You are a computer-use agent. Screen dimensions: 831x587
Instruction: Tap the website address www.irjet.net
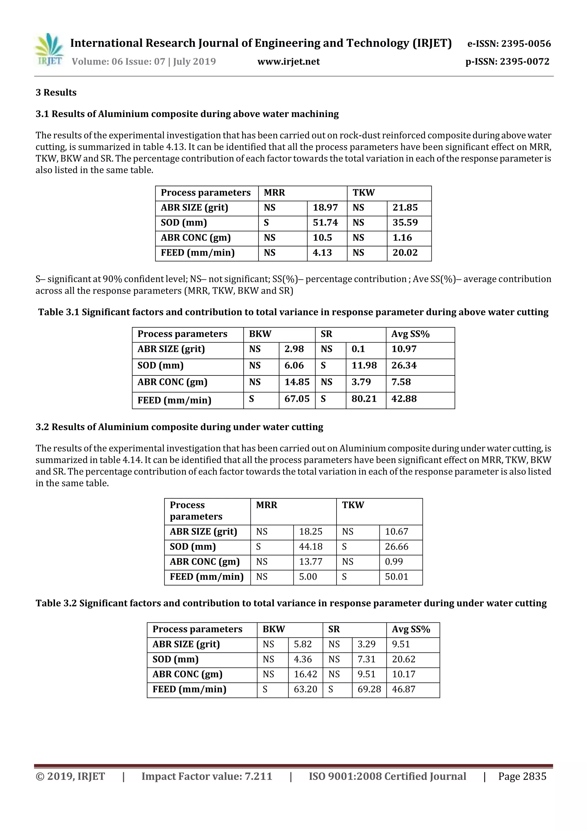click(288, 62)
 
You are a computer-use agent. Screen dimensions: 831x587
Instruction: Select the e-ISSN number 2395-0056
click(525, 44)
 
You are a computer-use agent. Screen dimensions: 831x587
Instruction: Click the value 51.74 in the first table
click(325, 223)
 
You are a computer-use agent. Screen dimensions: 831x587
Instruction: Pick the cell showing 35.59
click(405, 223)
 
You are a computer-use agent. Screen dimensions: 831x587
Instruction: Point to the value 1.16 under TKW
click(402, 238)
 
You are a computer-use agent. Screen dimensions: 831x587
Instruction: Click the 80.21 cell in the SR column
click(364, 399)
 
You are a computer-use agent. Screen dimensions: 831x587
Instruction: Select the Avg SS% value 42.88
click(404, 399)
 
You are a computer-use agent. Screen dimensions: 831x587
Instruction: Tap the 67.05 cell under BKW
click(297, 399)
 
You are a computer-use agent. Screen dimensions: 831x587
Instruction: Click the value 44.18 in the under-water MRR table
click(310, 546)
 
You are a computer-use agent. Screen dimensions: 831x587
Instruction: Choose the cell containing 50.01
click(396, 577)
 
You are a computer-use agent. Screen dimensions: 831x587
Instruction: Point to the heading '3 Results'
click(56, 93)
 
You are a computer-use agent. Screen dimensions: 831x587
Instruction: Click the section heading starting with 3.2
click(179, 427)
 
